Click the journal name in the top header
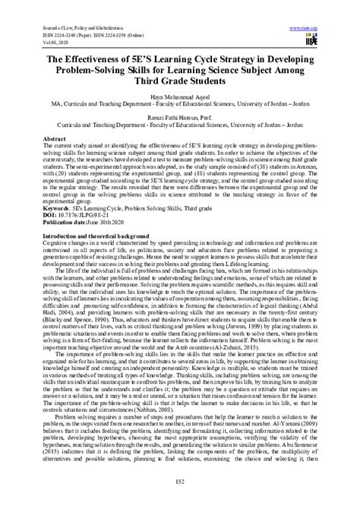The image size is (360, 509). coord(67,28)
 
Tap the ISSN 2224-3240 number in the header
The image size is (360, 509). coord(49,34)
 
